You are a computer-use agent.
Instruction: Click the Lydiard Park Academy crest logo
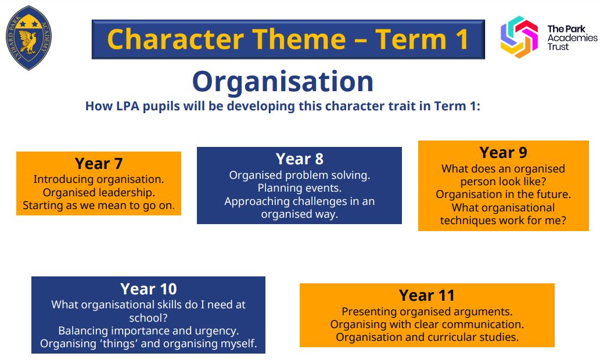click(x=28, y=38)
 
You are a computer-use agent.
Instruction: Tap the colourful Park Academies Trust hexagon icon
click(x=519, y=37)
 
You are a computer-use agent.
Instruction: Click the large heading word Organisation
click(x=283, y=81)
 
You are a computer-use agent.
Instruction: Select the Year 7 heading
click(x=99, y=164)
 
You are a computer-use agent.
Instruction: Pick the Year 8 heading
click(x=300, y=159)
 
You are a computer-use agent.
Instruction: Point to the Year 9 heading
click(x=503, y=153)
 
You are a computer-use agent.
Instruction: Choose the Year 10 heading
click(x=149, y=289)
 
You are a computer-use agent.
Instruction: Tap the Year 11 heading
click(x=427, y=296)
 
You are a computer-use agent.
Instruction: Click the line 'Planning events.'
click(x=300, y=188)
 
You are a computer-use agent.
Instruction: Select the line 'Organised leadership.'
click(x=99, y=192)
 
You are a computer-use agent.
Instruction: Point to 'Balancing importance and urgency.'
click(x=149, y=330)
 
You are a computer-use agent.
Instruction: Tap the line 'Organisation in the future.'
click(x=503, y=195)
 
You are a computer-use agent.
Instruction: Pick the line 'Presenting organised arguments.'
click(x=427, y=311)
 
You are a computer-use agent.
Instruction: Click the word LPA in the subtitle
click(x=128, y=106)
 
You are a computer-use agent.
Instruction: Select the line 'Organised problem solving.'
click(x=300, y=175)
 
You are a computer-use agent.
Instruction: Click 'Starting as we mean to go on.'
click(x=99, y=206)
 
